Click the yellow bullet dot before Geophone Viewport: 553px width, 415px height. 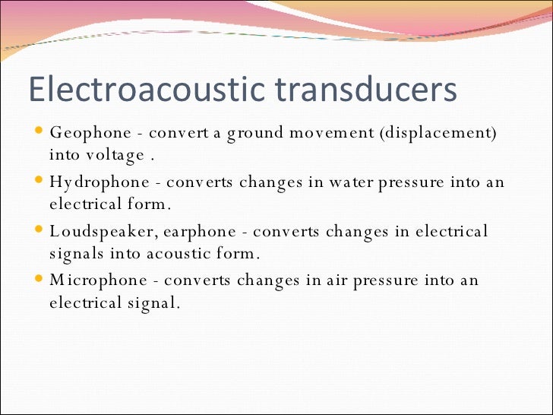click(39, 132)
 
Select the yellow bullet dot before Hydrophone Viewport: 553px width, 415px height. click(39, 182)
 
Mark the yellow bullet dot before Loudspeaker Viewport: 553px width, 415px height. click(39, 230)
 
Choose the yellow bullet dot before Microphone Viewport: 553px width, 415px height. click(39, 279)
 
